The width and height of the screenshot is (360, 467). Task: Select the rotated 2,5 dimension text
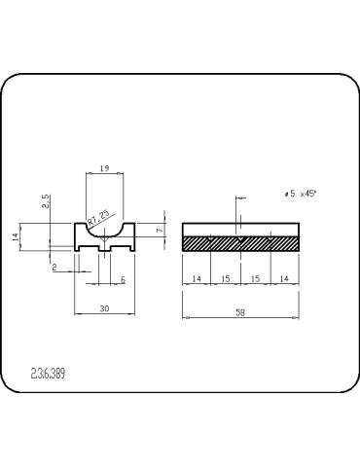46,201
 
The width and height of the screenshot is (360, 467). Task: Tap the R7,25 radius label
97,215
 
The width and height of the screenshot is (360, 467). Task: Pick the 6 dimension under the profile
122,279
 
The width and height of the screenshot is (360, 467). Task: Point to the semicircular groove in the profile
103,231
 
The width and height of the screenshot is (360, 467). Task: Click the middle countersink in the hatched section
240,237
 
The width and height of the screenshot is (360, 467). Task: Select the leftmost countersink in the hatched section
211,237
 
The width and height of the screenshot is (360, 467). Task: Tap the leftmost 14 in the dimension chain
197,278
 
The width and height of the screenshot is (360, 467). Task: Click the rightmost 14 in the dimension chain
285,278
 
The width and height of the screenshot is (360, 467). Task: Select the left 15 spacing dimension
226,278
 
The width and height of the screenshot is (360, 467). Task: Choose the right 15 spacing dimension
255,278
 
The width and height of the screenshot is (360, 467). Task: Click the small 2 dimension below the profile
55,267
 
